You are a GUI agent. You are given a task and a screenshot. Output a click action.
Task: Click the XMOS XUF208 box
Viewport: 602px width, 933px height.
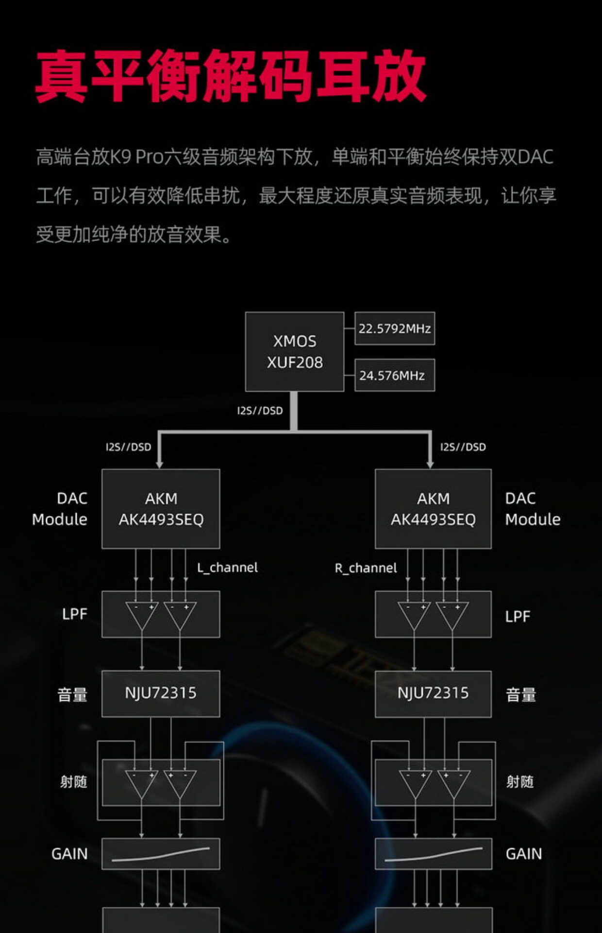[x=295, y=352]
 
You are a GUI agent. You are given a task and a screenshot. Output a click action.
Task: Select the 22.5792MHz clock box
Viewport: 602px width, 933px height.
[x=395, y=329]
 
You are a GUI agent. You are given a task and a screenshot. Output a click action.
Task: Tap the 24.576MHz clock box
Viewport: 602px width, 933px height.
[x=395, y=375]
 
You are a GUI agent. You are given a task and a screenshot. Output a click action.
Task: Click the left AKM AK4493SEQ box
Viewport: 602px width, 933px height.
[x=161, y=509]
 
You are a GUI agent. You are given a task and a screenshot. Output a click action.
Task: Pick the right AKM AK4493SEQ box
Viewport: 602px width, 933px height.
[x=433, y=509]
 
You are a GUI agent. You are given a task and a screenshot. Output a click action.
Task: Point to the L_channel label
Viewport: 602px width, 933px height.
[x=227, y=568]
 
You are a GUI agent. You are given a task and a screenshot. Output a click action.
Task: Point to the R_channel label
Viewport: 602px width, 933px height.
[x=366, y=568]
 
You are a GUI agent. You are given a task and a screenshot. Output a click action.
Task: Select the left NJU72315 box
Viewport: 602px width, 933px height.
[x=161, y=693]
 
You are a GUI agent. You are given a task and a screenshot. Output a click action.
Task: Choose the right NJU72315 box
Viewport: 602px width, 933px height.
[x=433, y=693]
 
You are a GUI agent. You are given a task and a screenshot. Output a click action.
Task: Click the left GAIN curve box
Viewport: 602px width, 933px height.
[x=161, y=854]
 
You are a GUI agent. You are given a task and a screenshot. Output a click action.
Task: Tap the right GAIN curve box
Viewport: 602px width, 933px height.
[x=433, y=854]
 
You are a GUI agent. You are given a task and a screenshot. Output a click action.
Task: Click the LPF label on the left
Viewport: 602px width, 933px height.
[x=75, y=614]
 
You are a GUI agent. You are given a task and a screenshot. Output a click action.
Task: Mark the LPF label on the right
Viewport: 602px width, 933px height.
[x=518, y=617]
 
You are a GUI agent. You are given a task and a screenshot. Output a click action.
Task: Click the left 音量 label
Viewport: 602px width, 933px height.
[x=72, y=695]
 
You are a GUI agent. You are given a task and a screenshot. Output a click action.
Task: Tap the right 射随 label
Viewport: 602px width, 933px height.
[x=520, y=782]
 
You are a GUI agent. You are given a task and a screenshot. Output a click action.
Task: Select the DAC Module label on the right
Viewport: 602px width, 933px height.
[x=533, y=509]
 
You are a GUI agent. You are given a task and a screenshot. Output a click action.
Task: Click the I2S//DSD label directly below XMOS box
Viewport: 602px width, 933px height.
[x=260, y=411]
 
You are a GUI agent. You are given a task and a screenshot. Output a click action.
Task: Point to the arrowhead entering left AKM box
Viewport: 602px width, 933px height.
[x=159, y=465]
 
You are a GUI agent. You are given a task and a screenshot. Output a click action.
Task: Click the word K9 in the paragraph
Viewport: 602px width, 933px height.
[x=121, y=157]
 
